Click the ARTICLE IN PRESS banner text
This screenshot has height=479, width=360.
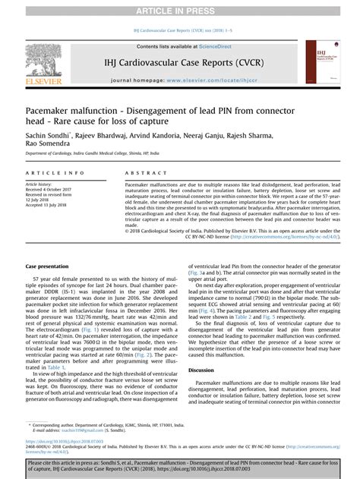coord(179,7)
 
